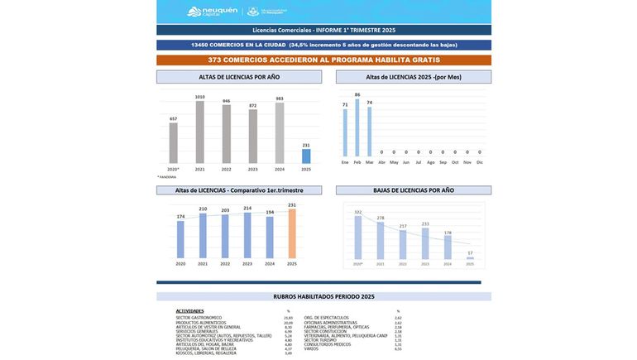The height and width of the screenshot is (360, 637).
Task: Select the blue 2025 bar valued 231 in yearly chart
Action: click(306, 156)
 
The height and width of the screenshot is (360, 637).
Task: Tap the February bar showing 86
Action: click(357, 128)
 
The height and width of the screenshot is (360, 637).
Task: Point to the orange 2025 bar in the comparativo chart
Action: click(291, 233)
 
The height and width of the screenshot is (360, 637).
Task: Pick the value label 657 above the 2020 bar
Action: click(174, 119)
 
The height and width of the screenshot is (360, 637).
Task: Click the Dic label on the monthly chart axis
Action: click(480, 162)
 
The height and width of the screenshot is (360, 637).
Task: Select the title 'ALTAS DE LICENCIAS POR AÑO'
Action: click(239, 77)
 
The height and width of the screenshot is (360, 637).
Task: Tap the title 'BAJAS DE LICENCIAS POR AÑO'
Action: click(413, 190)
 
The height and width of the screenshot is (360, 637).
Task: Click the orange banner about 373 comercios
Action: click(323, 60)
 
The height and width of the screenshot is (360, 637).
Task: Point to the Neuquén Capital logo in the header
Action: click(213, 12)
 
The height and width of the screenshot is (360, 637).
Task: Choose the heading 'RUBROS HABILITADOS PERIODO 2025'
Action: click(323, 296)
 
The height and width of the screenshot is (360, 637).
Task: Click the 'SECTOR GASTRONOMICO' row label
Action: click(199, 318)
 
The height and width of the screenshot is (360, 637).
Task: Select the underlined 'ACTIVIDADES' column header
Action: click(189, 311)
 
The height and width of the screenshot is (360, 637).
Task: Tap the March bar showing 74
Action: click(370, 132)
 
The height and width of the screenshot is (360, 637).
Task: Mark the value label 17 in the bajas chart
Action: click(470, 253)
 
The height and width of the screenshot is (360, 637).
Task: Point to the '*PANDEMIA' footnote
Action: click(167, 177)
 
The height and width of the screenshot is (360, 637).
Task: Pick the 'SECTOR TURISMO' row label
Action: click(320, 340)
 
